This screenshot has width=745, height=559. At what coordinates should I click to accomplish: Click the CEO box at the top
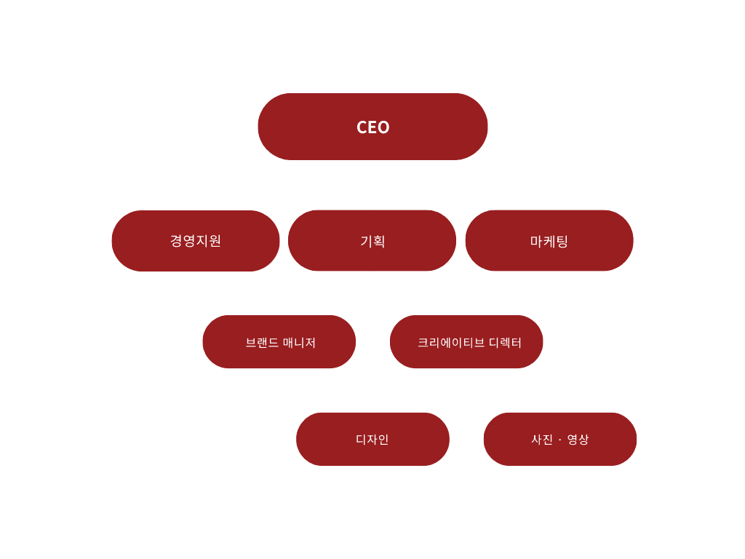pyautogui.click(x=372, y=127)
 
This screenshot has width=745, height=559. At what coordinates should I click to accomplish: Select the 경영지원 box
pyautogui.click(x=196, y=241)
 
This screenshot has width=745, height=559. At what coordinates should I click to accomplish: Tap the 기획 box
pyautogui.click(x=372, y=241)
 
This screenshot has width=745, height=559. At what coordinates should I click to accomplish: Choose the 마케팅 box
pyautogui.click(x=549, y=241)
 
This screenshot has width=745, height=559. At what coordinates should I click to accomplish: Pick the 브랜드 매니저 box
pyautogui.click(x=279, y=342)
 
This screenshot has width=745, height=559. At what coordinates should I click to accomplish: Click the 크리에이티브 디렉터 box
pyautogui.click(x=466, y=342)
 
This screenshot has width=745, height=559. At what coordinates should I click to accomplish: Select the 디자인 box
pyautogui.click(x=372, y=439)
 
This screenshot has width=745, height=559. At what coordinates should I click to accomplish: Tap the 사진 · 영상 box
pyautogui.click(x=560, y=439)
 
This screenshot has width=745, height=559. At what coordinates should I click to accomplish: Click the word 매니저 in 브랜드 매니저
pyautogui.click(x=299, y=342)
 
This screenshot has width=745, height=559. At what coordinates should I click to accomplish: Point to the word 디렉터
pyautogui.click(x=506, y=342)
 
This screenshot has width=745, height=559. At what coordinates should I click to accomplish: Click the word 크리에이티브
pyautogui.click(x=451, y=342)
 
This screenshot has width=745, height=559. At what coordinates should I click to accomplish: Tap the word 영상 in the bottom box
pyautogui.click(x=578, y=439)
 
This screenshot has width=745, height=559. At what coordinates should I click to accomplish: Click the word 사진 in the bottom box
pyautogui.click(x=542, y=439)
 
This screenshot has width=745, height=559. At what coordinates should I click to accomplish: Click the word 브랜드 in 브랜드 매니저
pyautogui.click(x=262, y=342)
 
